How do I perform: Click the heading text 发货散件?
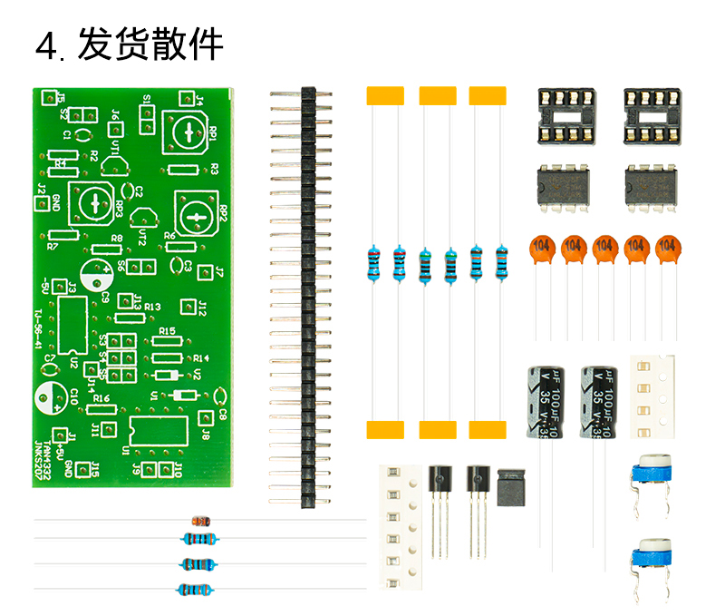pos(150,44)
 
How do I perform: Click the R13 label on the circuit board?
pos(151,308)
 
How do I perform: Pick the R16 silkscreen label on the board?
pos(101,398)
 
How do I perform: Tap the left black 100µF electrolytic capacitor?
pos(546,399)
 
